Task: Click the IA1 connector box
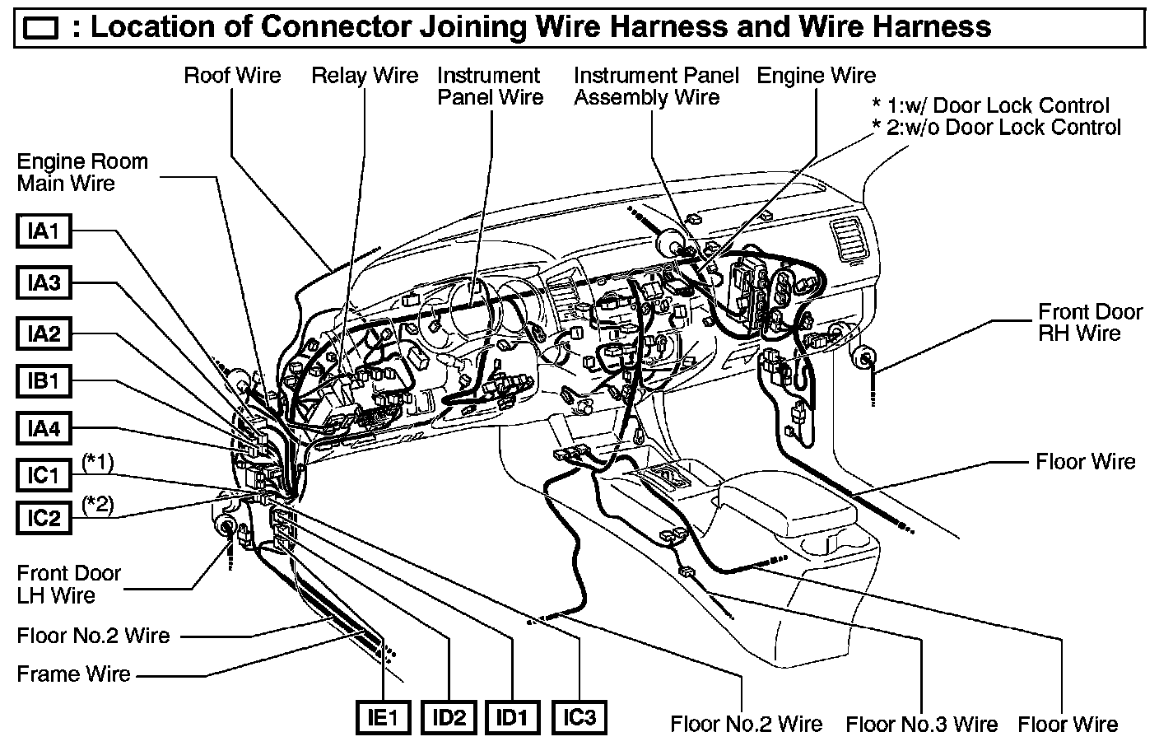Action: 44,231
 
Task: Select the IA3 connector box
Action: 44,283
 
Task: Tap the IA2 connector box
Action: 44,334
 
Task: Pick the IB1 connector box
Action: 44,382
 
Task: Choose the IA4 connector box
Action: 44,429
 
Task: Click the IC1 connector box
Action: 44,475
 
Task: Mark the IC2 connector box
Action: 44,518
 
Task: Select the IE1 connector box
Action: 384,718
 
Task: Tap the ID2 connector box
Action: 449,718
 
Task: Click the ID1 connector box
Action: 512,718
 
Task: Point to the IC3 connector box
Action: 579,717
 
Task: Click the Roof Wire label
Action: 232,76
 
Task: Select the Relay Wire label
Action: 365,76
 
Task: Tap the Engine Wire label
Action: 816,76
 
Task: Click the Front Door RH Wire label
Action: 1090,323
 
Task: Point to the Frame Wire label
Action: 74,674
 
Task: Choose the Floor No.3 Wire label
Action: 921,725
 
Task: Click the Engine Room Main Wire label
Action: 82,172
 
